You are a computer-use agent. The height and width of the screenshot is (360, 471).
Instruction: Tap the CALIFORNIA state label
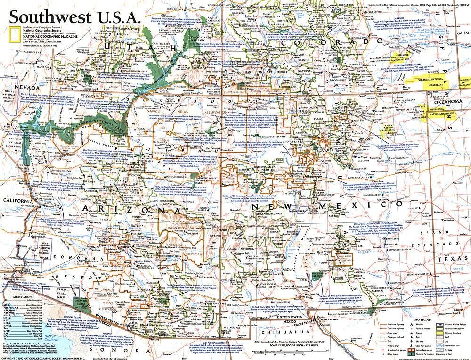pos(16,201)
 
